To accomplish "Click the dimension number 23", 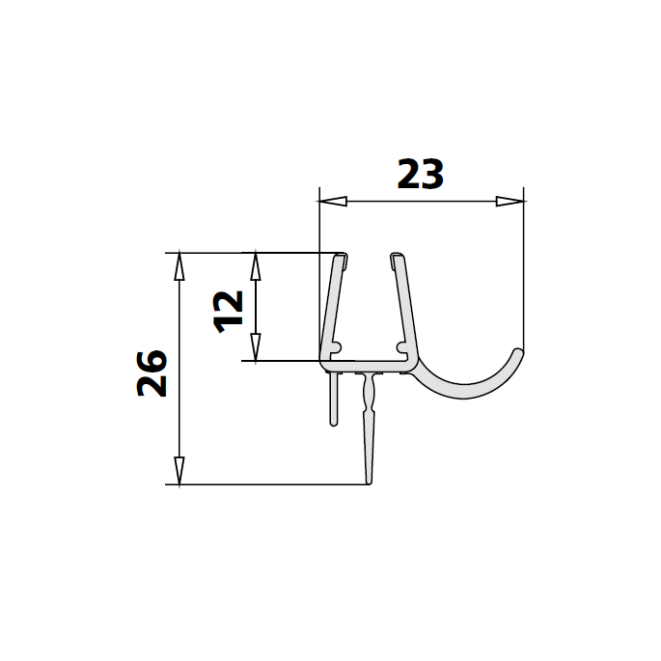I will point(421,175).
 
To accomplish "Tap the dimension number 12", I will point(228,309).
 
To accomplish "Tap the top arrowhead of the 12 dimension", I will point(256,265).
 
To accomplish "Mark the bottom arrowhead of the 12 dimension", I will point(256,348).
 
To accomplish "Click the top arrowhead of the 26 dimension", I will point(179,265).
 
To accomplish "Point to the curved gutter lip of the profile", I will point(473,392).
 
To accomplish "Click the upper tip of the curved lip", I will point(519,353).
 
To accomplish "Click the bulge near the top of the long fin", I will point(366,390).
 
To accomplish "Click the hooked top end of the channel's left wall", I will point(342,258).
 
